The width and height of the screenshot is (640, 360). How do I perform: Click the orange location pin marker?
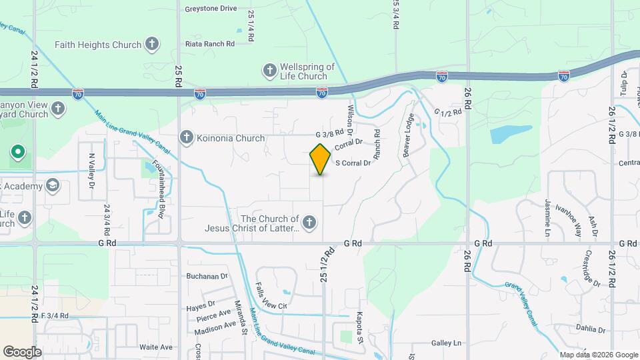pyautogui.click(x=321, y=159)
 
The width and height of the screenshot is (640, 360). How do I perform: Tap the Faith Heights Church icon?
pyautogui.click(x=152, y=45)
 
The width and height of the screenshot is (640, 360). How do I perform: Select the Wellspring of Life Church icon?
pyautogui.click(x=270, y=70)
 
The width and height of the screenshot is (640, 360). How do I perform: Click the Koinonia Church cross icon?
pyautogui.click(x=187, y=138)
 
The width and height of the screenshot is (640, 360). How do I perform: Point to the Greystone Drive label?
pyautogui.click(x=211, y=9)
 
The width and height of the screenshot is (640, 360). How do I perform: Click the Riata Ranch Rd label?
pyautogui.click(x=211, y=44)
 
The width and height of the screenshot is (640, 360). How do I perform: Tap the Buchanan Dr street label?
pyautogui.click(x=207, y=275)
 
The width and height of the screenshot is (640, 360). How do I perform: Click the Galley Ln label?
pyautogui.click(x=446, y=343)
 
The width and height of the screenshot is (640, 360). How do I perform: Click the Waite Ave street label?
pyautogui.click(x=156, y=347)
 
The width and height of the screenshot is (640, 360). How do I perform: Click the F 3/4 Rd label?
pyautogui.click(x=55, y=315)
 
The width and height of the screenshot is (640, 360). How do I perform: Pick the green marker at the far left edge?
pyautogui.click(x=17, y=153)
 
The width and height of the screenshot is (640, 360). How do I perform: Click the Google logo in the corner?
pyautogui.click(x=22, y=351)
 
